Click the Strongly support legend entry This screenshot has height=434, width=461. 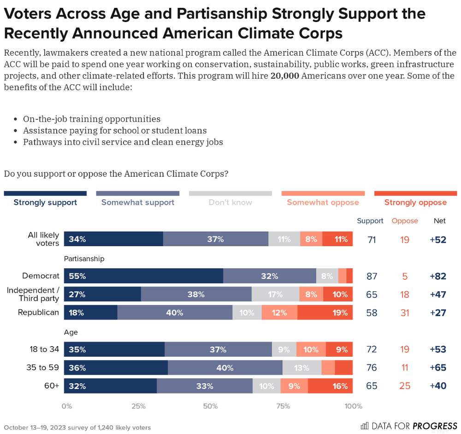tap(45, 202)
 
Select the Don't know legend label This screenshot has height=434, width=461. tap(230, 202)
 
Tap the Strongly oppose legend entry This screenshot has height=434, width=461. tap(415, 202)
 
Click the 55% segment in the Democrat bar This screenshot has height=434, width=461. tap(143, 276)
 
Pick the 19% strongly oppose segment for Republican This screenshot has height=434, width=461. tap(325, 312)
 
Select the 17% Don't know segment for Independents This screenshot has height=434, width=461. tap(275, 294)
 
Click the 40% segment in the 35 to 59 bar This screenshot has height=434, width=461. tap(225, 368)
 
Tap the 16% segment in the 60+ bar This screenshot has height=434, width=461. tap(330, 386)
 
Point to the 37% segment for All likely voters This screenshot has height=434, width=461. tap(216, 239)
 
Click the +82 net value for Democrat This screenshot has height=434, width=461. tap(437, 276)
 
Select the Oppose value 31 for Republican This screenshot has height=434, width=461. tap(405, 312)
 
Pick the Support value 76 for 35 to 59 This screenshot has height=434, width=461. tap(372, 368)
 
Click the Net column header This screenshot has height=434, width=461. tap(440, 221)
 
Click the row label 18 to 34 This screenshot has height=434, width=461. tap(43, 349)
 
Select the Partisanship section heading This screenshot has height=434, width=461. tap(84, 259)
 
